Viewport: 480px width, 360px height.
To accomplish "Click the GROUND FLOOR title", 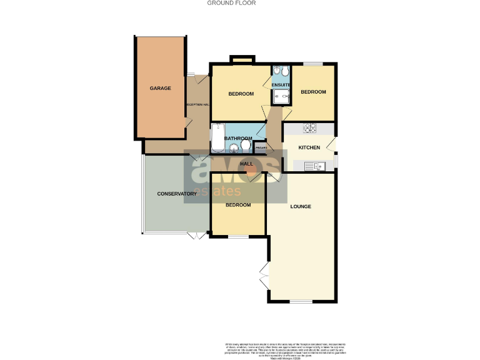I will (240, 3).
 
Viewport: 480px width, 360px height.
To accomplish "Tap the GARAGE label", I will (160, 88).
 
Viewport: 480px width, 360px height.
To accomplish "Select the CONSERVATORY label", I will (177, 194).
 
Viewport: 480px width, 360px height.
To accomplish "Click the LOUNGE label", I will (300, 206).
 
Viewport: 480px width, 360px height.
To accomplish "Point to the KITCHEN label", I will (309, 147).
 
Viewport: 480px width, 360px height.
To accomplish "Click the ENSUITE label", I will (281, 84).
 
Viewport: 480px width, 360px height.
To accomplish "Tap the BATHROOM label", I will (237, 138).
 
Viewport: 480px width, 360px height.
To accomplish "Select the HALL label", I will (247, 164).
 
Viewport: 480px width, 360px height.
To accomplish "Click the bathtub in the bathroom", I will (217, 137).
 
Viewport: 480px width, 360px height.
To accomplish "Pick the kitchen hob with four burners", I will (309, 129).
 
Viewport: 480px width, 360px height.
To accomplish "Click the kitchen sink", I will (311, 166).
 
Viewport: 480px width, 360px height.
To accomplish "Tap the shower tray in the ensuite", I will (281, 96).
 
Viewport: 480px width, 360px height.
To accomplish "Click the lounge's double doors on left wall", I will (264, 272).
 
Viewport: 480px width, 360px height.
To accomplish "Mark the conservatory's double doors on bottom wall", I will (196, 235).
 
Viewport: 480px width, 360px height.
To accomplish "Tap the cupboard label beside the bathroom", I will (261, 148).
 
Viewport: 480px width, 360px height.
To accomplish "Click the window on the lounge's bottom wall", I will (300, 302).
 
